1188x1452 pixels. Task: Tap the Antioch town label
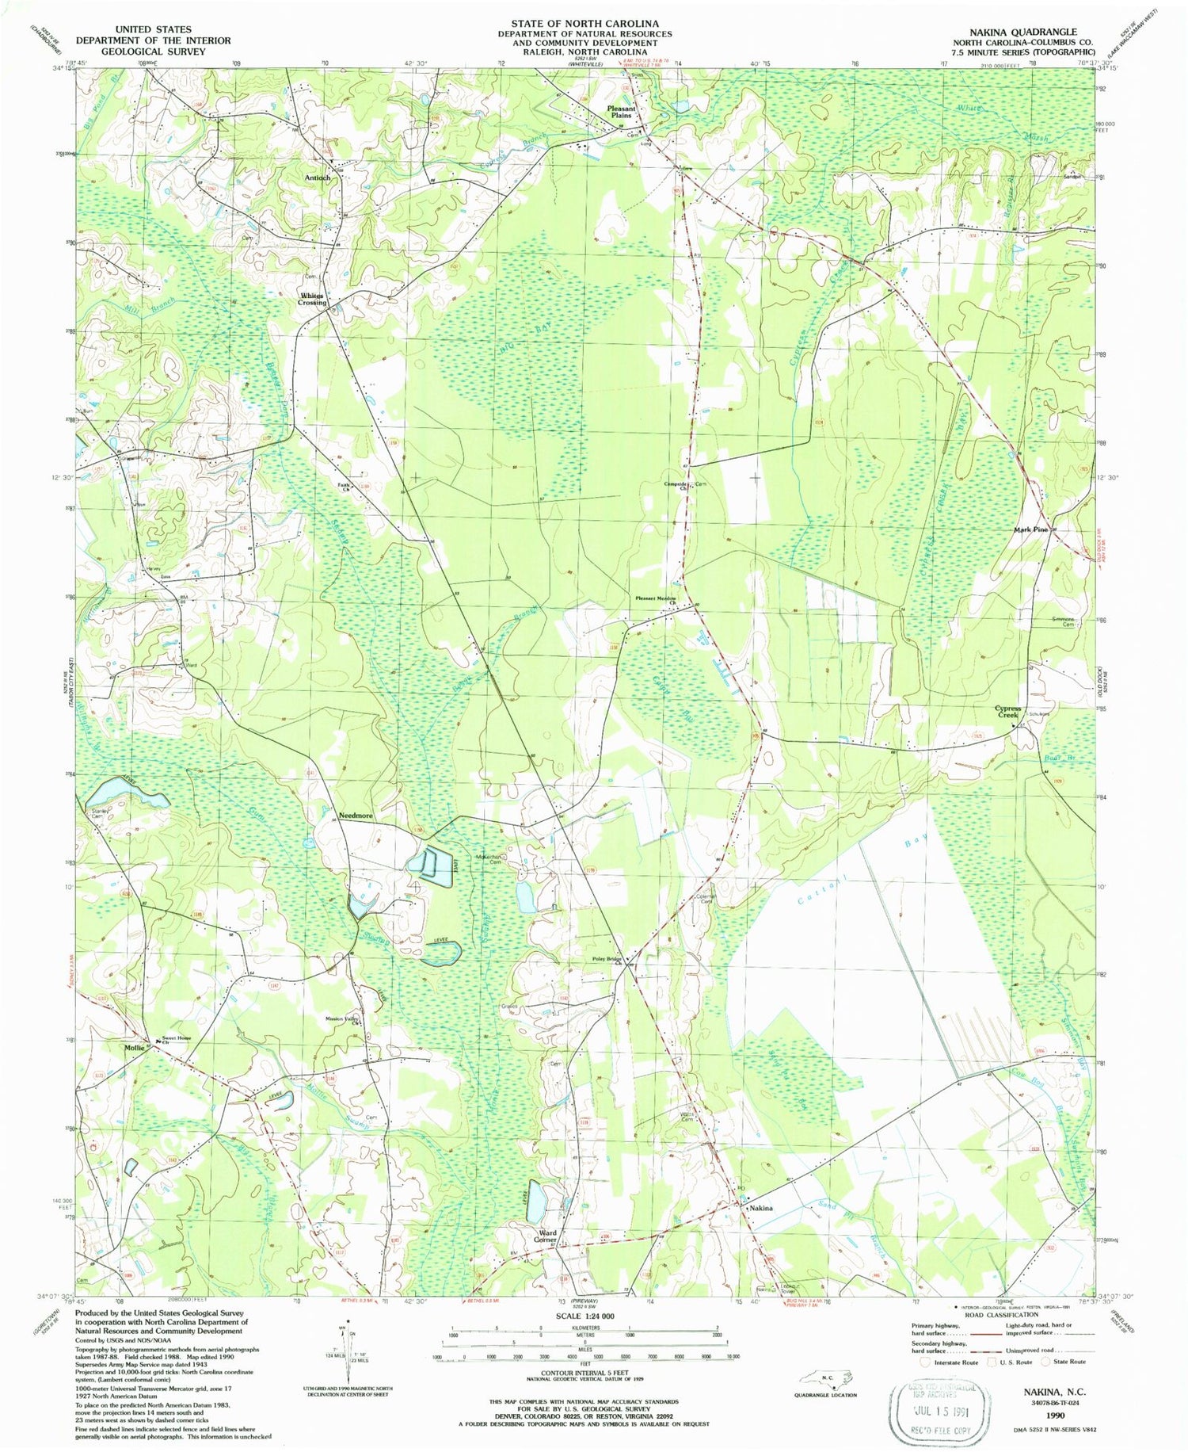317,178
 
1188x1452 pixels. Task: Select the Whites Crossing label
312,299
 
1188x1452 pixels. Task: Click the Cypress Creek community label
1007,712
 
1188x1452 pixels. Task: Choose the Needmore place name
356,816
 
